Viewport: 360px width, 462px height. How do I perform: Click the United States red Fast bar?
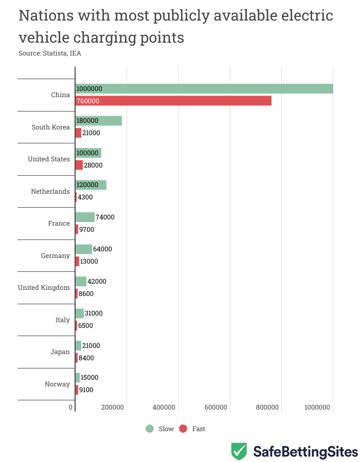click(79, 165)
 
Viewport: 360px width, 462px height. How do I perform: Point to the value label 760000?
click(88, 101)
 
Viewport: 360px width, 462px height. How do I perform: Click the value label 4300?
click(85, 197)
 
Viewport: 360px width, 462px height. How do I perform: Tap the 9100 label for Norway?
click(86, 390)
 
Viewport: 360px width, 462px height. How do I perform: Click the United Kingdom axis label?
click(44, 287)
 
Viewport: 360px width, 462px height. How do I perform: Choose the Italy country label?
click(63, 320)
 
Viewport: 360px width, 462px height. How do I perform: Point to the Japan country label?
click(60, 352)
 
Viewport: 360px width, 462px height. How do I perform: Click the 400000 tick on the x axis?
click(164, 408)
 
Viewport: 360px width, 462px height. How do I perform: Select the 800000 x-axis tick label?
click(267, 408)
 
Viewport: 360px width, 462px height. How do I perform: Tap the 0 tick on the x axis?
click(71, 408)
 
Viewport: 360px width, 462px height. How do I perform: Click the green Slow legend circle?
click(150, 429)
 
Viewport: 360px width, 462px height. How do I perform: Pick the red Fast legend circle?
click(183, 429)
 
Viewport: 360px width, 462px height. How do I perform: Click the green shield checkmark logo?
click(239, 451)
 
